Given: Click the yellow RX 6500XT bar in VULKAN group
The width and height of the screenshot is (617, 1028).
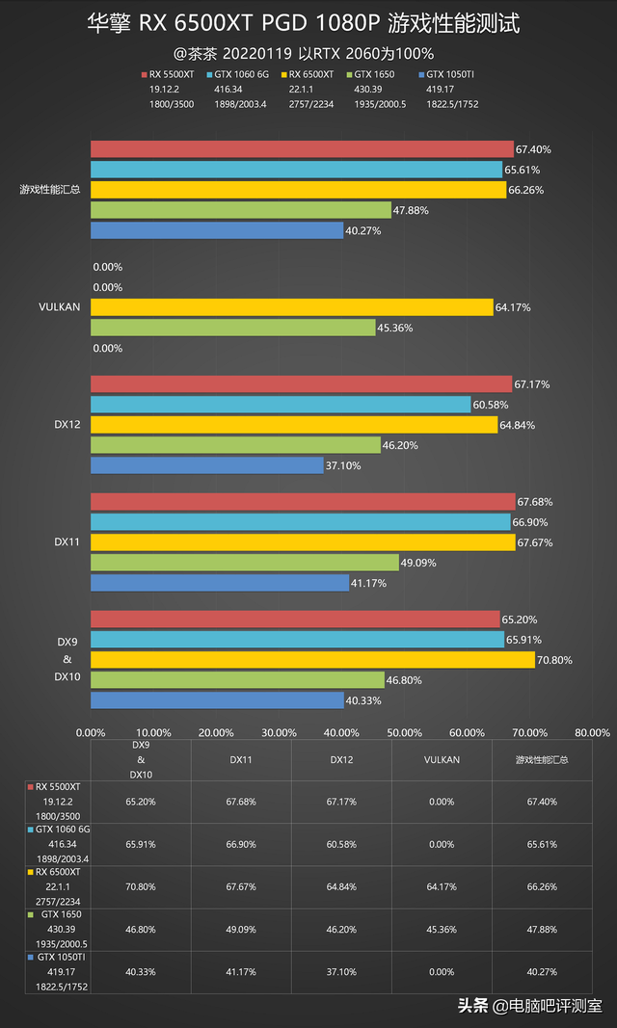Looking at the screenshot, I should coord(291,307).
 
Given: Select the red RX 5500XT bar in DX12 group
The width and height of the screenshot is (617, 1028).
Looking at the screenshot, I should coord(301,384).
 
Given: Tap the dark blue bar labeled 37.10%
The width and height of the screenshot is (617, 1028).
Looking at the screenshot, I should coord(207,465).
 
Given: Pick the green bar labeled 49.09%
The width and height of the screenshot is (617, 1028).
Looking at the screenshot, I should coord(244,563).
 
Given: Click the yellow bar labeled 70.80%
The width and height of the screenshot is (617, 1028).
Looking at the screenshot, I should coord(312,660).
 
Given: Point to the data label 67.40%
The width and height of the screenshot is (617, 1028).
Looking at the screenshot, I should coord(533,149).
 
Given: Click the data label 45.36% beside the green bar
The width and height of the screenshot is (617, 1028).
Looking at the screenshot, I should coord(395,328).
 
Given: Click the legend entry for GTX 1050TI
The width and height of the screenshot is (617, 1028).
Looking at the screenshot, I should coord(449,73).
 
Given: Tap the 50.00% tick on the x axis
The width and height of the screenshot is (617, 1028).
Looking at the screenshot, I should coord(404,732).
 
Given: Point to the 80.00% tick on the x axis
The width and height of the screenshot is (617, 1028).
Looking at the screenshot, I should coord(592,732).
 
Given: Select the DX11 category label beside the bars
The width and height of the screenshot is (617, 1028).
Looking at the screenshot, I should coord(67,542).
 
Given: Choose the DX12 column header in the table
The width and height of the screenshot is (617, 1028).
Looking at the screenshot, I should coord(342,759).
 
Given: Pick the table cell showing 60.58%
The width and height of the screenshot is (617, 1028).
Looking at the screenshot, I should coord(342,844).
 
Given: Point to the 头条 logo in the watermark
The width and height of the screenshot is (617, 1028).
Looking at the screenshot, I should coord(472,1006).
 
